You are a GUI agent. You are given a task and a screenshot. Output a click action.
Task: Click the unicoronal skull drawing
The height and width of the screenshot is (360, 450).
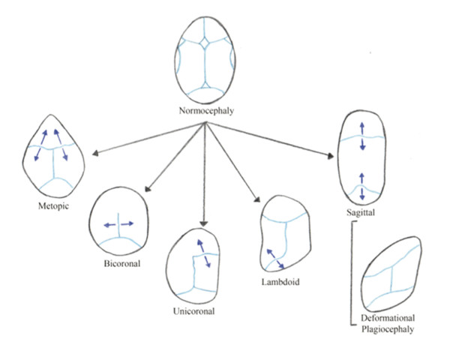(197, 266)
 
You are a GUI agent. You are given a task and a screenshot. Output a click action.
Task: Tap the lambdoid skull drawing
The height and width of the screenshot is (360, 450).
(283, 239)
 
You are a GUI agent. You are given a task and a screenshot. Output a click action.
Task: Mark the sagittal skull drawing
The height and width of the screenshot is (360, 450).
(362, 158)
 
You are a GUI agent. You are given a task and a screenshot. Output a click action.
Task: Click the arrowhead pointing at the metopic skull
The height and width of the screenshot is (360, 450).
(92, 155)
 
